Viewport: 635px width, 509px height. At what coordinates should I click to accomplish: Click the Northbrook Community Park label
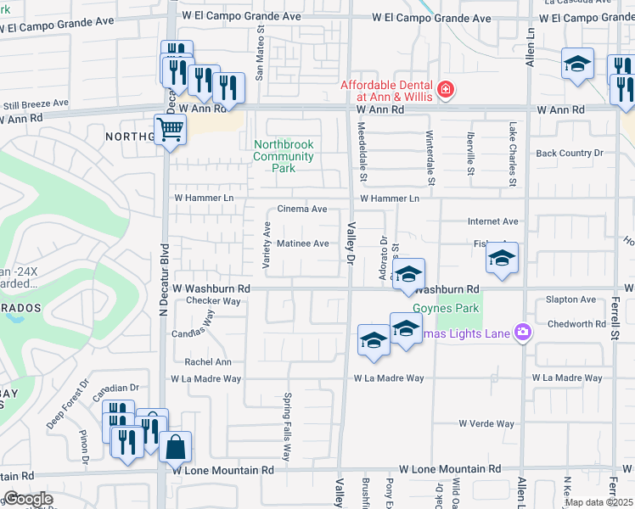(x=284, y=156)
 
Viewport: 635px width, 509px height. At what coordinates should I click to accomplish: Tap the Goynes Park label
(x=447, y=309)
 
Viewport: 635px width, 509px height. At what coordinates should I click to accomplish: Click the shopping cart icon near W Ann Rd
(x=171, y=130)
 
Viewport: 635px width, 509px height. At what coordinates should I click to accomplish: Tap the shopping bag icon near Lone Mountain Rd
(x=175, y=447)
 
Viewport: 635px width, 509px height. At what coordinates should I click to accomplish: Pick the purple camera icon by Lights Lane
(x=524, y=333)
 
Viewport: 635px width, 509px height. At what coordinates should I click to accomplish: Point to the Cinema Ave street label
(x=302, y=209)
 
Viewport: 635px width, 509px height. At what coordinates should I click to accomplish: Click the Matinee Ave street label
(x=303, y=243)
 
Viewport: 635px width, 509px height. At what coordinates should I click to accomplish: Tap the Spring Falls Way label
(x=287, y=426)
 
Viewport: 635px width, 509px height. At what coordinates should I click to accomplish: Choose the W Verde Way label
(x=486, y=423)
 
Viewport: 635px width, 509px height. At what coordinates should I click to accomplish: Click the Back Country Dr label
(x=569, y=153)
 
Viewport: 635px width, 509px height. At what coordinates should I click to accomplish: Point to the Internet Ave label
(x=492, y=221)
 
